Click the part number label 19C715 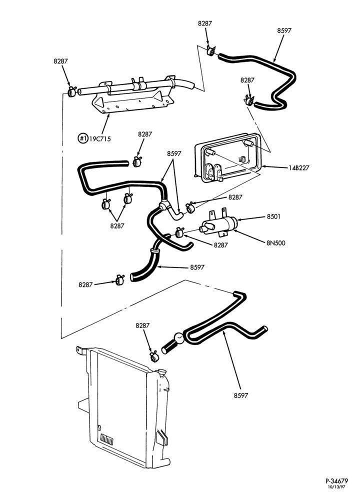coord(100,139)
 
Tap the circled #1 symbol coord(83,138)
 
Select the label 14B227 coord(299,167)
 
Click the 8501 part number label coord(273,216)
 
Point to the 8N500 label coord(276,243)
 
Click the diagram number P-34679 coord(336,481)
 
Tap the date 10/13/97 coord(338,487)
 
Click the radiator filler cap coord(162,371)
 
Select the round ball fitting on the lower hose coord(178,337)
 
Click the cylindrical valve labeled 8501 coord(218,224)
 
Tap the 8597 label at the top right coord(284,30)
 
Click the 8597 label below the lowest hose coord(240,395)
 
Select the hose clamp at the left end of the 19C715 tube coord(71,92)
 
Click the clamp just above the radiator coord(154,356)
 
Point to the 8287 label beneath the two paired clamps coord(117,226)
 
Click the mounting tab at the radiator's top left coord(81,350)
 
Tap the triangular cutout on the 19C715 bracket coord(98,102)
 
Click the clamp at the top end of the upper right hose coord(211,50)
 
